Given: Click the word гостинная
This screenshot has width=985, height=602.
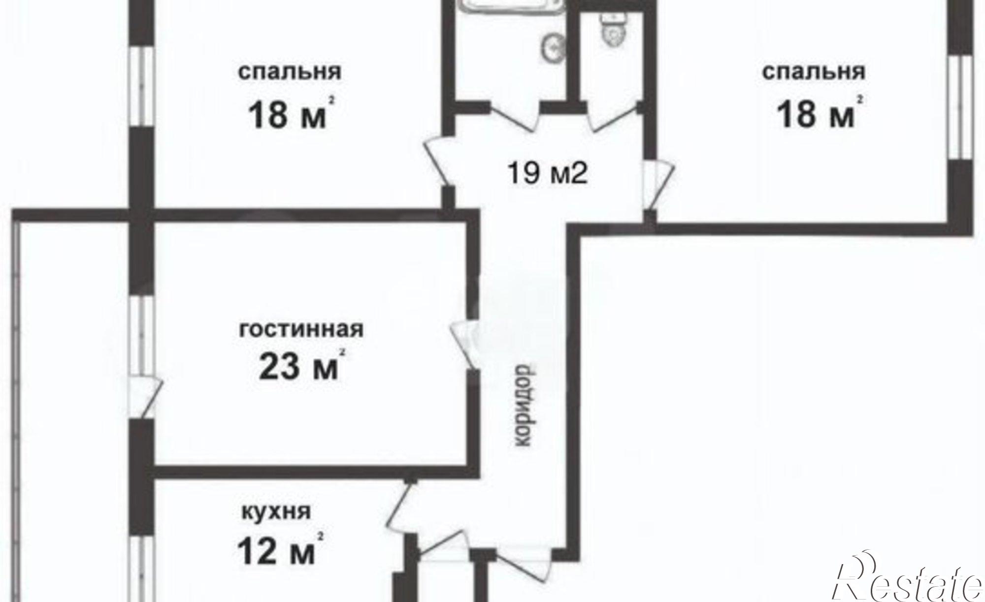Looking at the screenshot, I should (x=301, y=329).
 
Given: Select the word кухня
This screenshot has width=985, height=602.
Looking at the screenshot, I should (x=276, y=512).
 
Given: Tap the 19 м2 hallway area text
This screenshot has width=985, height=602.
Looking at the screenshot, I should (x=548, y=173).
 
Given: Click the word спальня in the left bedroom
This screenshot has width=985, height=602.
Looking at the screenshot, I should (x=290, y=72).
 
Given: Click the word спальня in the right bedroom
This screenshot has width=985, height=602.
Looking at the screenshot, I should (x=814, y=72).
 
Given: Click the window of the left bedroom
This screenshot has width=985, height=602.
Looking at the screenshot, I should (x=142, y=86).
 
